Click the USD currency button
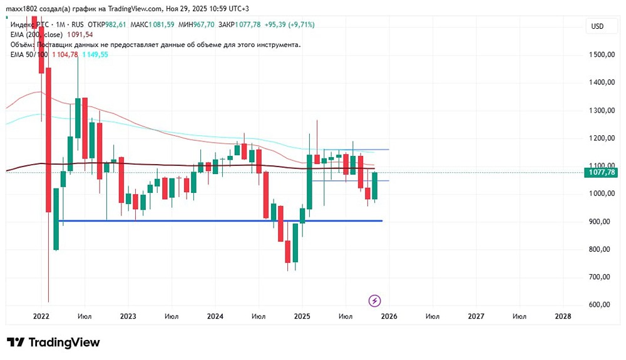(x=597, y=26)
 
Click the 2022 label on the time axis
(x=41, y=317)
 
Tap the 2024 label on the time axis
(x=215, y=317)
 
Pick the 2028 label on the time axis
(x=563, y=317)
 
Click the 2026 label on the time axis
(x=389, y=317)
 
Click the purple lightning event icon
(x=374, y=301)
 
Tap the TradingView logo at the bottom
(x=53, y=342)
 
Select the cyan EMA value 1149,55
(x=95, y=55)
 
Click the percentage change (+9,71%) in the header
(x=300, y=24)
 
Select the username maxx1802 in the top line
(x=23, y=8)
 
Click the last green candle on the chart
(x=374, y=186)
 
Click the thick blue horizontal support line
(x=219, y=221)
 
